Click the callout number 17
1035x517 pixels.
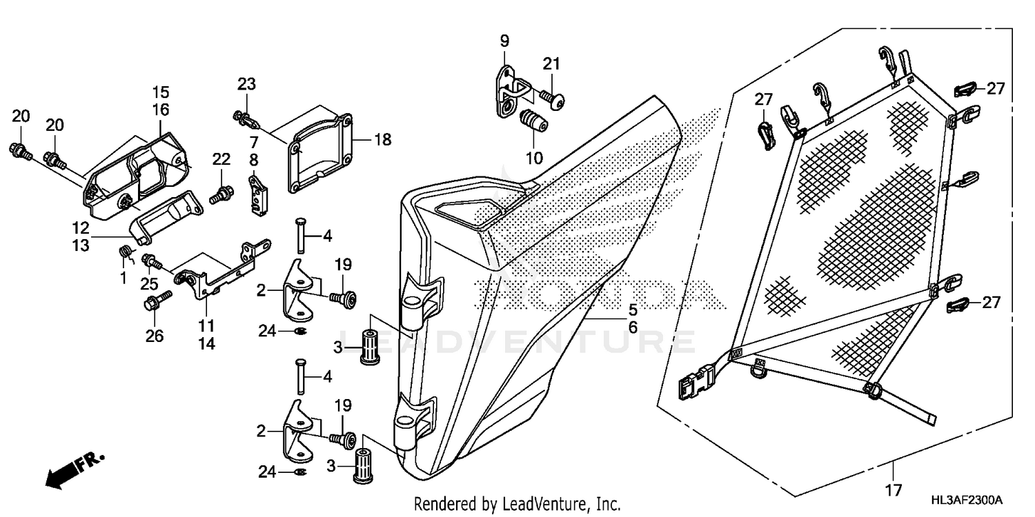(x=894, y=491)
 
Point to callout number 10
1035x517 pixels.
(x=534, y=158)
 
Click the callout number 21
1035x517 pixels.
(x=551, y=64)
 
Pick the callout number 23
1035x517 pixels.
(x=246, y=84)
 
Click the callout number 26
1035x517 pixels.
(x=155, y=336)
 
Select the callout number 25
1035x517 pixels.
(x=149, y=283)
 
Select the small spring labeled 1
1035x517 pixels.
(x=126, y=253)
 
